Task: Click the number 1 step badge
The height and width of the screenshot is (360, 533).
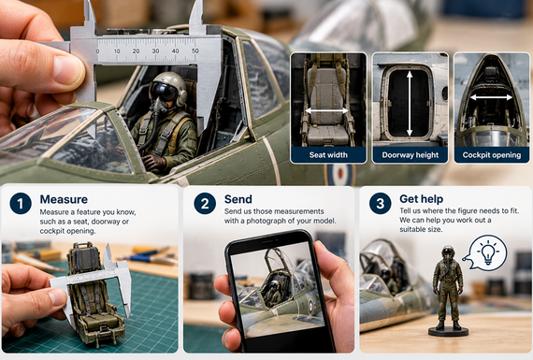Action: click(21, 203)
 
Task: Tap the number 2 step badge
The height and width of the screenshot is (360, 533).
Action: click(205, 203)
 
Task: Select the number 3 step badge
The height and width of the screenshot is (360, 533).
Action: click(380, 203)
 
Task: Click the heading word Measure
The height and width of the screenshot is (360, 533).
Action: click(64, 199)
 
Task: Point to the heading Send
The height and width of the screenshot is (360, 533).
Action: click(238, 199)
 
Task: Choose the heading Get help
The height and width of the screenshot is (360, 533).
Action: click(421, 199)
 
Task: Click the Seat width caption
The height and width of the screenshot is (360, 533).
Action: click(328, 155)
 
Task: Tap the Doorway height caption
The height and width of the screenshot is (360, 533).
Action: click(411, 155)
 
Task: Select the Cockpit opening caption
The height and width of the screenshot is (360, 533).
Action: click(492, 155)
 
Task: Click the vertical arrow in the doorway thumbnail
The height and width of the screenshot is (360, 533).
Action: click(410, 104)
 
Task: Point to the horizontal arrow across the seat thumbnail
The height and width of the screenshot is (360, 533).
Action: click(326, 111)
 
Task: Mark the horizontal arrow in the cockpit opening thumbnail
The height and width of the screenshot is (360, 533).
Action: click(491, 97)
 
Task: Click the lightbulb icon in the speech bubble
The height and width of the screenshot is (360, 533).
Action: click(488, 252)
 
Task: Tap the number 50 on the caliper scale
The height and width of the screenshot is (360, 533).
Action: click(195, 51)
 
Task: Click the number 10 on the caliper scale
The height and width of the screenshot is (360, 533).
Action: click(117, 51)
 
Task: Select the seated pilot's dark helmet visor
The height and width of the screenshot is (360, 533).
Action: click(163, 92)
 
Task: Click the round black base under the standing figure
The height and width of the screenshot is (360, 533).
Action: click(448, 331)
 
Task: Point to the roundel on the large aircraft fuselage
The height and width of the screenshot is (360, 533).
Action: click(339, 175)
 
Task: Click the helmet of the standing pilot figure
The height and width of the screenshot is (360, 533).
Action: click(448, 252)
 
